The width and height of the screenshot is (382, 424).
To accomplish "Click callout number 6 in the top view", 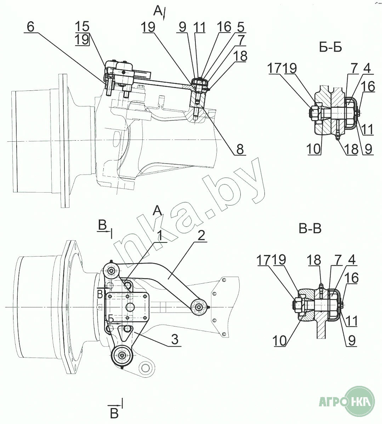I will [31, 27].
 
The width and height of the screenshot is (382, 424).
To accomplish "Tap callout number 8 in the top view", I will [240, 149].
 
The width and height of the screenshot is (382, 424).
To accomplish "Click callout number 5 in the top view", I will [241, 27].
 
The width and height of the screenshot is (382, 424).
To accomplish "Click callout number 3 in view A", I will [174, 340].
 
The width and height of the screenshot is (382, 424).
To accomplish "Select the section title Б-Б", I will [330, 47].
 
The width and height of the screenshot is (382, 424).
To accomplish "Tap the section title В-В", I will [310, 229].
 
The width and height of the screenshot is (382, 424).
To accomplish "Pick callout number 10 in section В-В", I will [280, 341].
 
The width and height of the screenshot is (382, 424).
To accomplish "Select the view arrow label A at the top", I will [158, 11].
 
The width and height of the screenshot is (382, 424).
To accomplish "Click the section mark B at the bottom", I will [114, 413].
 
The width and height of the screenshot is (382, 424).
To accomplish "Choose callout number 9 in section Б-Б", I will [369, 149].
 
